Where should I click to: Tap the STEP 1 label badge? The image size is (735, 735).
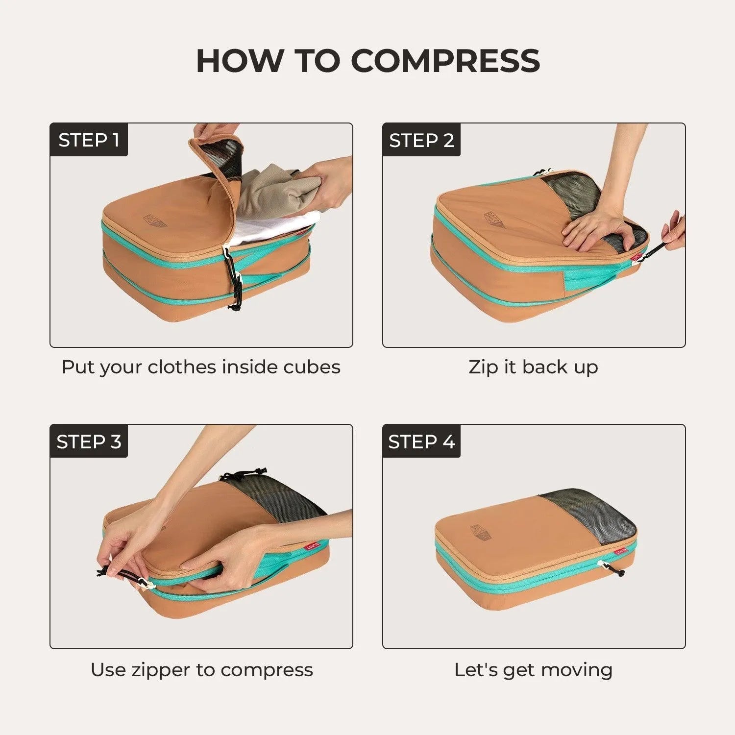tap(89, 140)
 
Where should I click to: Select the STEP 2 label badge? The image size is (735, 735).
tap(421, 140)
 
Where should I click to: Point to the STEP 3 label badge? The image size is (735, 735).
tap(89, 441)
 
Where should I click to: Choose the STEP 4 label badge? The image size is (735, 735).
tap(421, 441)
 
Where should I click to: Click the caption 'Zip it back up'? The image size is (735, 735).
tap(533, 367)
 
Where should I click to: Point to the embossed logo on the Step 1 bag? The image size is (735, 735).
tap(155, 220)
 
